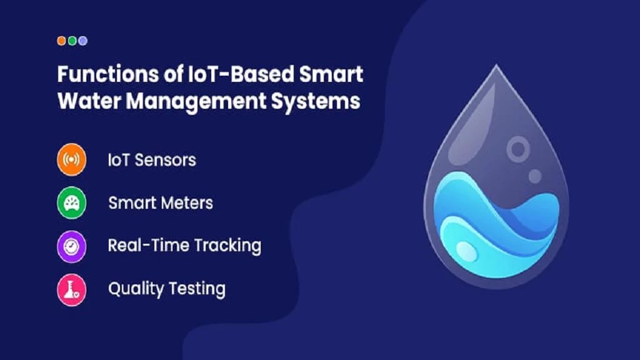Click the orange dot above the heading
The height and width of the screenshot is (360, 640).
61,41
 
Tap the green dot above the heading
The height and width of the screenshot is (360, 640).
72,41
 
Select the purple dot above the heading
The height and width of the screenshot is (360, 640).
82,41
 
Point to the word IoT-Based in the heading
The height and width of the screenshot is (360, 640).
229,74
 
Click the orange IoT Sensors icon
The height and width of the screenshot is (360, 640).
71,160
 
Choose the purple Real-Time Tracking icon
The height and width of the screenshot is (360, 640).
71,246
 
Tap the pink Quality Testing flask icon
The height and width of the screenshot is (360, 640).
71,289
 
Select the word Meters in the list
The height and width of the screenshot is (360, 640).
187,203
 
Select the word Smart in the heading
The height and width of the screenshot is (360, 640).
331,74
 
